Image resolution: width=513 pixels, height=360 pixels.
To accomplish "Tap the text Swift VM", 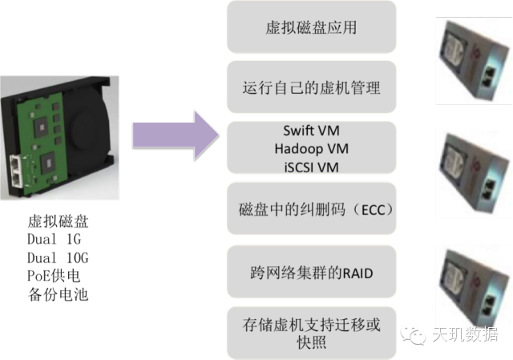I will [x=310, y=131].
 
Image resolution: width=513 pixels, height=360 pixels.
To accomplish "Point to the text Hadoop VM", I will [x=311, y=149].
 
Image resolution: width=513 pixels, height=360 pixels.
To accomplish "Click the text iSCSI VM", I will [x=311, y=167].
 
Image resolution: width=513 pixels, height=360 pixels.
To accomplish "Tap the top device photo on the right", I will [x=473, y=62].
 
